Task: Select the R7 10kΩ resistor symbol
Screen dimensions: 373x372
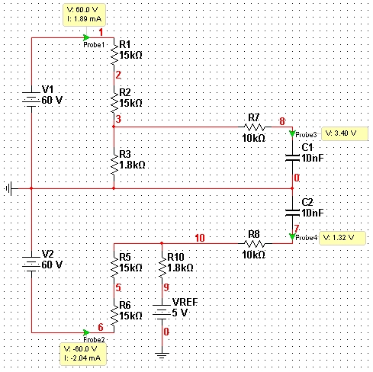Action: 254,127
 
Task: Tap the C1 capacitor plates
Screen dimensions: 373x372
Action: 292,158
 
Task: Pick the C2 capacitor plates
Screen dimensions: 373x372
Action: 292,213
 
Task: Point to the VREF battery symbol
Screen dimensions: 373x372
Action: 162,312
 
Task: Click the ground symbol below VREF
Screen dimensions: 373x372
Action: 162,355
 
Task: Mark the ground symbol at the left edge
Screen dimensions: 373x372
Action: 10,188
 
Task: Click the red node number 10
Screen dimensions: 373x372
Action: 200,238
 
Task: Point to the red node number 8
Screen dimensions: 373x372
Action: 282,121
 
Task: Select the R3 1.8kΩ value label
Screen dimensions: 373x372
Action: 132,165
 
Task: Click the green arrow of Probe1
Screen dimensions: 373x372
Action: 86,38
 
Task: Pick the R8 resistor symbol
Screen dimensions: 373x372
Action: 255,243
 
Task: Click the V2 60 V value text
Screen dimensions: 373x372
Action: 52,265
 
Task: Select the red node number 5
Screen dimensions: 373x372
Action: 118,287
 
